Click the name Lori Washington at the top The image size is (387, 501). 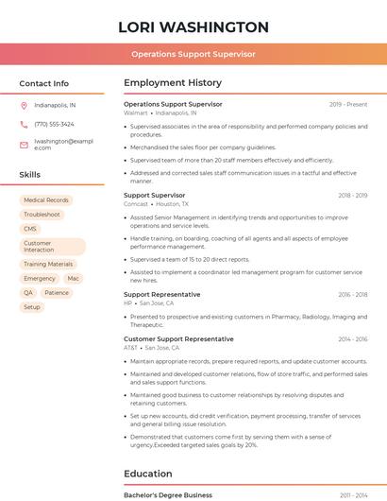click(x=193, y=27)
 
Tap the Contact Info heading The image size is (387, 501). click(x=44, y=83)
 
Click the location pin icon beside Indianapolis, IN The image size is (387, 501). click(x=24, y=105)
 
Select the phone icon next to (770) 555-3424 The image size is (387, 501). click(x=24, y=124)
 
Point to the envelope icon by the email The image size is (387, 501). click(x=24, y=144)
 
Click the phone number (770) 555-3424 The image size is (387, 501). click(x=54, y=124)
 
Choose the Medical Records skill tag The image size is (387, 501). click(x=46, y=200)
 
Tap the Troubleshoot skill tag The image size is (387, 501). click(x=42, y=215)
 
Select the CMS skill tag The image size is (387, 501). click(x=30, y=229)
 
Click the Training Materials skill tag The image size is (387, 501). click(x=48, y=264)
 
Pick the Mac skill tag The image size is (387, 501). click(x=74, y=279)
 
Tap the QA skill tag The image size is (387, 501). click(x=28, y=293)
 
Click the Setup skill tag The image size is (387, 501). click(x=32, y=307)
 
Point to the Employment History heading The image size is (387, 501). click(x=172, y=83)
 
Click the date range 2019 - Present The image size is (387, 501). click(x=348, y=104)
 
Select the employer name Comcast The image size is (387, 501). click(x=136, y=204)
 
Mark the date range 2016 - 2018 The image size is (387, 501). click(x=352, y=294)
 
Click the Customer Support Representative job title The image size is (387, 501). click(x=178, y=338)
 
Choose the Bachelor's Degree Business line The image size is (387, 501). click(x=168, y=494)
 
